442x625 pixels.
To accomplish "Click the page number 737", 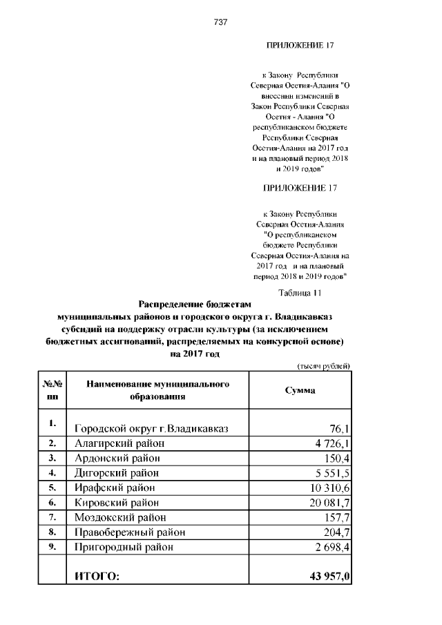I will (x=221, y=21).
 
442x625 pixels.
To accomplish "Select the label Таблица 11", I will (x=300, y=292).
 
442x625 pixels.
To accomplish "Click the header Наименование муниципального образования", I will (x=157, y=390).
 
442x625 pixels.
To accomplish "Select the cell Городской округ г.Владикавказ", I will (x=151, y=428).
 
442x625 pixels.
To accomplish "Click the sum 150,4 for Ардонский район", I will (x=336, y=458).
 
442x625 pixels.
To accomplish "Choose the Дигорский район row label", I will (x=116, y=473).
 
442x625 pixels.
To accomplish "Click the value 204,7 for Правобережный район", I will (x=336, y=532).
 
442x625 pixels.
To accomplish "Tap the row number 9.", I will (x=52, y=546).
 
